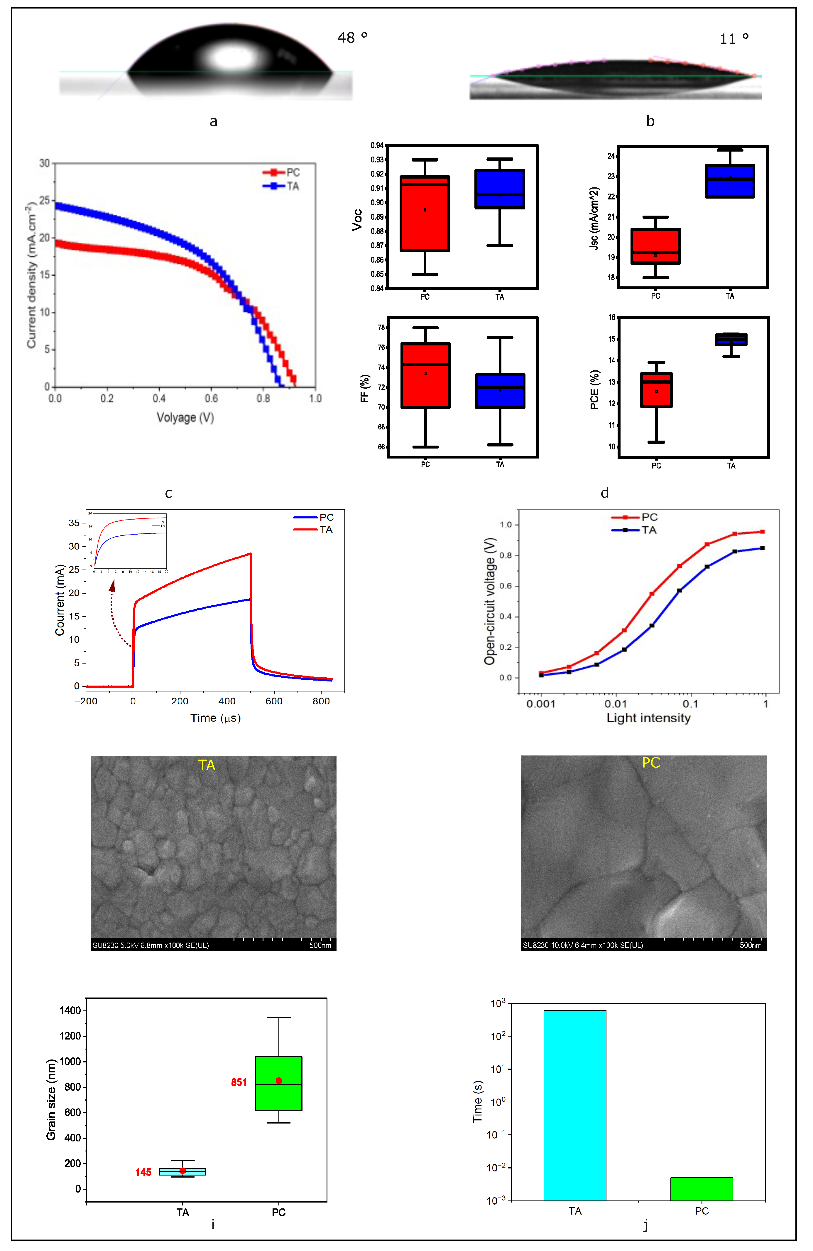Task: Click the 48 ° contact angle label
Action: pyautogui.click(x=352, y=38)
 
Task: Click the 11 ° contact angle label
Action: pyautogui.click(x=734, y=39)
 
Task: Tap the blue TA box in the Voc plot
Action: pyautogui.click(x=499, y=189)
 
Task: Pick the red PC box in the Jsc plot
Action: pyautogui.click(x=655, y=246)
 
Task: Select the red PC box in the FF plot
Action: pyautogui.click(x=425, y=375)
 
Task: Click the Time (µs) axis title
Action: pyautogui.click(x=215, y=718)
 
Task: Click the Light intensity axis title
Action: pyautogui.click(x=649, y=718)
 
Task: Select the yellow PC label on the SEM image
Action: pyautogui.click(x=651, y=763)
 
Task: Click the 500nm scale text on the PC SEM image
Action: pyautogui.click(x=751, y=945)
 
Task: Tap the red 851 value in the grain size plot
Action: pyautogui.click(x=239, y=1082)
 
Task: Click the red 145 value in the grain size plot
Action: pyautogui.click(x=143, y=1172)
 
